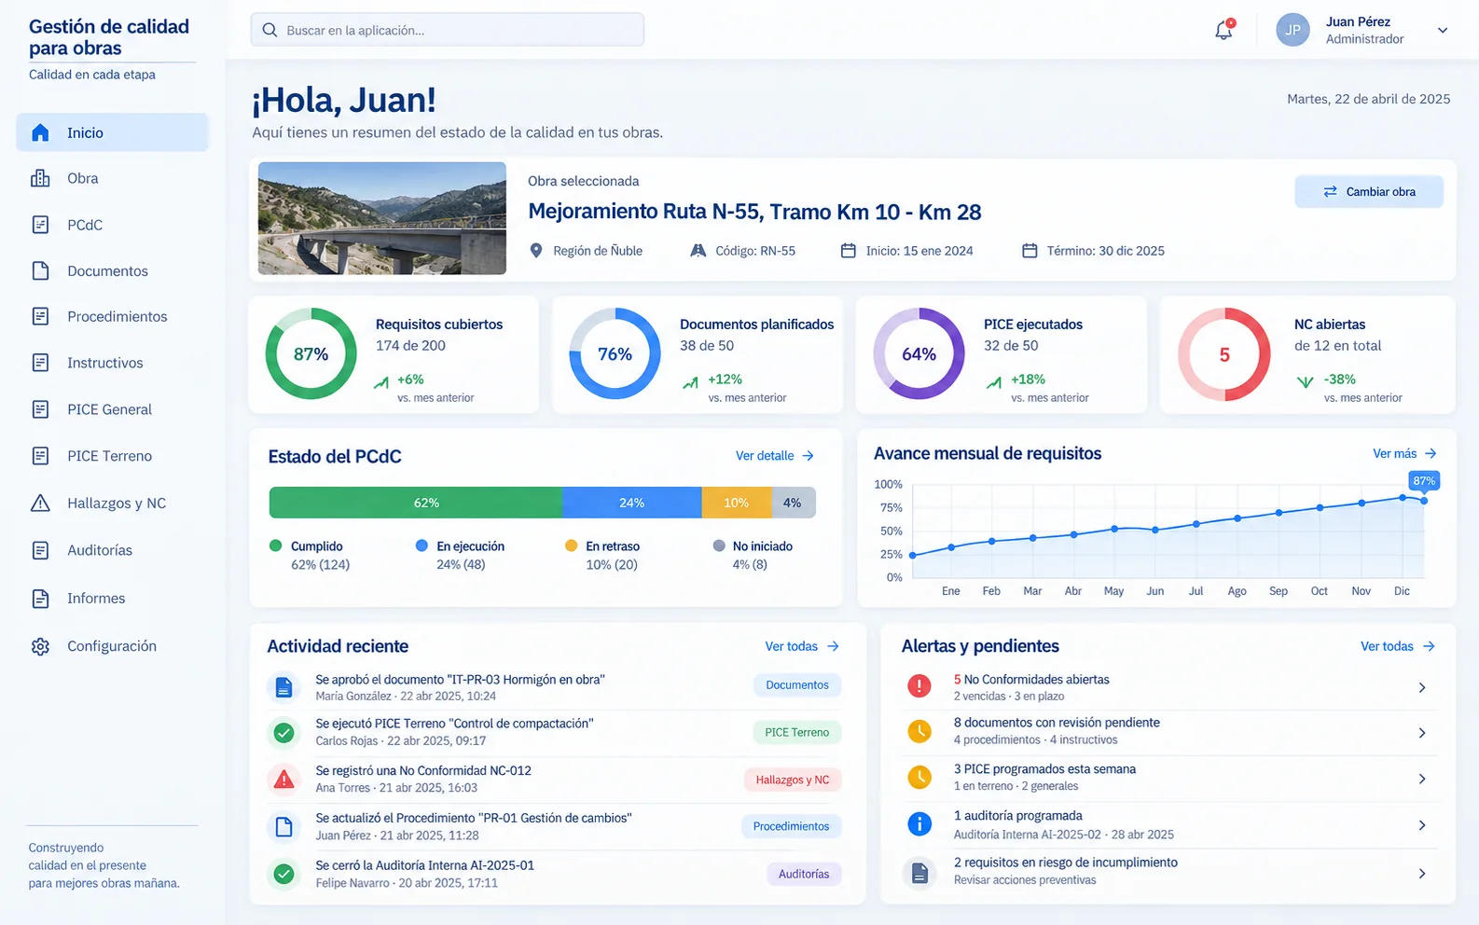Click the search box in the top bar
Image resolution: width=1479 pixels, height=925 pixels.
447,30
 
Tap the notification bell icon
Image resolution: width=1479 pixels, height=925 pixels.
1223,30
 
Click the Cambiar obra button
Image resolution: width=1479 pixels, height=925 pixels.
1369,191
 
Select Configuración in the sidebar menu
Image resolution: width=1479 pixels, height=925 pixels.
112,645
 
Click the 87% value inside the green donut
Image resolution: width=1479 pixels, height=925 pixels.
311,354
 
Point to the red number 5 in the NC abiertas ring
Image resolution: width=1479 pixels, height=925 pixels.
1224,355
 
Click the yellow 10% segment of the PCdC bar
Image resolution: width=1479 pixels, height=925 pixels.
736,503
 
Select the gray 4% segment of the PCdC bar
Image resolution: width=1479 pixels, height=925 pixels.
793,503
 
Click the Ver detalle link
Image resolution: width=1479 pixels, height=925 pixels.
775,456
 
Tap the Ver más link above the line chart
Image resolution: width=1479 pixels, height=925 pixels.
1404,453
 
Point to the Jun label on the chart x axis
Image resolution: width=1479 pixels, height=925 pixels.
1154,591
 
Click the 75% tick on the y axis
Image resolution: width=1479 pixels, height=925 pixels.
891,508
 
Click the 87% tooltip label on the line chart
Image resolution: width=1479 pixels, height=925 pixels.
1424,480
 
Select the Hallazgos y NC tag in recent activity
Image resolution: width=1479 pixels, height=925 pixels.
793,780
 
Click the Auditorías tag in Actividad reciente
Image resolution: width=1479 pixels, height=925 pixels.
804,874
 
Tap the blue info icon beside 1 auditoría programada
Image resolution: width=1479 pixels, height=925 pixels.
919,824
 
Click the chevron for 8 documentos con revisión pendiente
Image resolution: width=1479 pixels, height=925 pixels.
1422,733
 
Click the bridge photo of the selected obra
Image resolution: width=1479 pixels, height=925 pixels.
381,218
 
